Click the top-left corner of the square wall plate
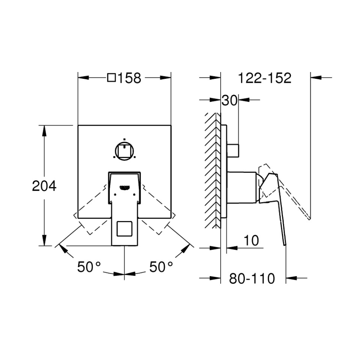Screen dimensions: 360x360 click(x=78, y=125)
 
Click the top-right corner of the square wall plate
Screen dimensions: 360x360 click(x=171, y=125)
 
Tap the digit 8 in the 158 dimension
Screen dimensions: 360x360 click(x=136, y=78)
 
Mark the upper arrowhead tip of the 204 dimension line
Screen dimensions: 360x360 click(x=44, y=126)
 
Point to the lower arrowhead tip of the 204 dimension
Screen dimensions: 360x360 click(x=44, y=246)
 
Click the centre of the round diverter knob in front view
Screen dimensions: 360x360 click(x=124, y=151)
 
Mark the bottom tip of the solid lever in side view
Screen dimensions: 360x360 click(x=285, y=245)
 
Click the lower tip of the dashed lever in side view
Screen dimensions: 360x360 click(x=310, y=219)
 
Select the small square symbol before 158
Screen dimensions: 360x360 click(x=111, y=78)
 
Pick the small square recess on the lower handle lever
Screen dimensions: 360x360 click(x=125, y=229)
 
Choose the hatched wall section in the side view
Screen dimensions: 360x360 click(x=213, y=170)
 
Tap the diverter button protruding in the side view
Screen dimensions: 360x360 click(x=233, y=151)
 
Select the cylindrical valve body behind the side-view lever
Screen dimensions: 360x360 click(x=242, y=188)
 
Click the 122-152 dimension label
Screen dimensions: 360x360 click(x=265, y=78)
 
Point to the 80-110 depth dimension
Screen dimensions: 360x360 click(x=252, y=279)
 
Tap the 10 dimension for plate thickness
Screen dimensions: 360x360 click(x=251, y=240)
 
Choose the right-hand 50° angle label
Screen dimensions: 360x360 click(x=161, y=267)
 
